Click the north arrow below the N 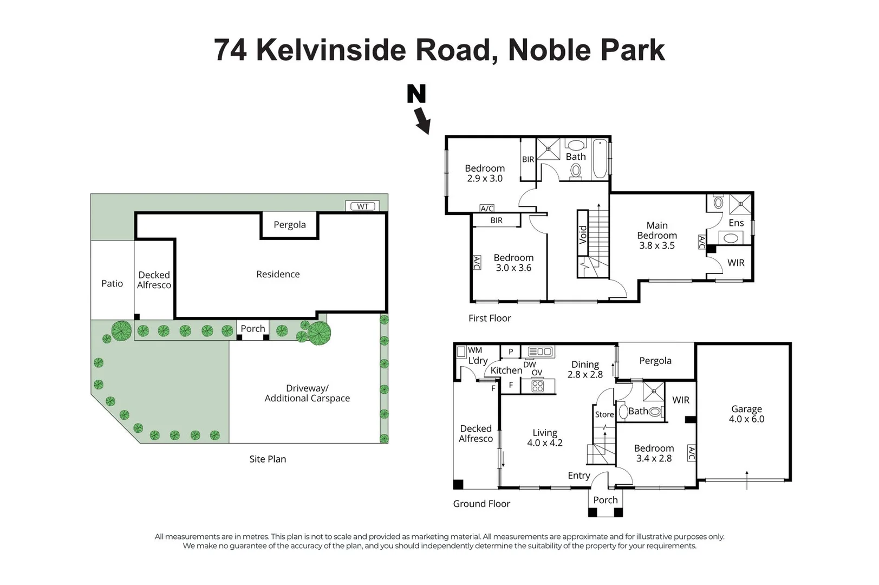422,121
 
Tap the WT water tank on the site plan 362,206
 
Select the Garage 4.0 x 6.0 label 746,414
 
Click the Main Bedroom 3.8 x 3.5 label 657,236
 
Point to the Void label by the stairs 583,235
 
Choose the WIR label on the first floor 736,263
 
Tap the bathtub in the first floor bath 600,159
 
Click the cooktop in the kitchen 537,386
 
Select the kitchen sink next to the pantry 541,352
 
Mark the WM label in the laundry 475,350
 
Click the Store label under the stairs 604,414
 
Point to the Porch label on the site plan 253,328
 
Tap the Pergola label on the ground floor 655,361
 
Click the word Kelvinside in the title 331,50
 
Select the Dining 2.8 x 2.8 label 585,369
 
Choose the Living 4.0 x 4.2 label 545,438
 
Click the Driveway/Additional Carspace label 307,393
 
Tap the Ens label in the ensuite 736,223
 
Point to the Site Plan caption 268,459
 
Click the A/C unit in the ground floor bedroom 692,453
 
